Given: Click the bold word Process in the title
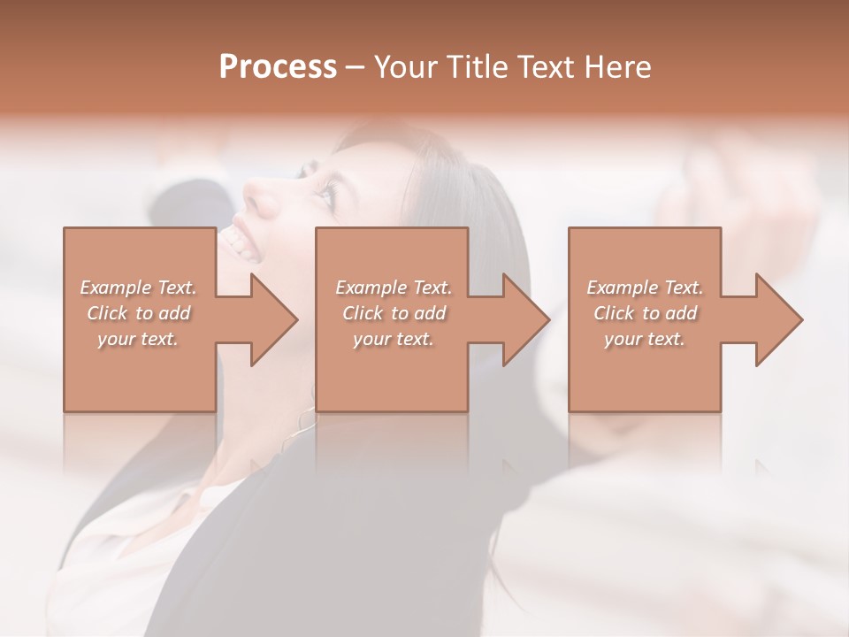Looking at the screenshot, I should pyautogui.click(x=278, y=67).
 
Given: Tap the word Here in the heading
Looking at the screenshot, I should pyautogui.click(x=616, y=67).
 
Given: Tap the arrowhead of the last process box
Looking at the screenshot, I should pyautogui.click(x=777, y=319).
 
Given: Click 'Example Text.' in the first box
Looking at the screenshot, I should pyautogui.click(x=138, y=288).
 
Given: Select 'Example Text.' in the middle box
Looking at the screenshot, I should pyautogui.click(x=394, y=288).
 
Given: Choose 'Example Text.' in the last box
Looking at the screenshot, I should pyautogui.click(x=645, y=288).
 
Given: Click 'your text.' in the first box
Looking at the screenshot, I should pyautogui.click(x=138, y=339).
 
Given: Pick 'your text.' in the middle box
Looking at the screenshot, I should pyautogui.click(x=394, y=339).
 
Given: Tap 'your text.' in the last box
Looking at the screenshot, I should pyautogui.click(x=645, y=339).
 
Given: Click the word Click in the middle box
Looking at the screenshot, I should pyautogui.click(x=363, y=313).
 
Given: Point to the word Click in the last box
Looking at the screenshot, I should pyautogui.click(x=614, y=313).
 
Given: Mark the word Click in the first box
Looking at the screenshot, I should pyautogui.click(x=107, y=313).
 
